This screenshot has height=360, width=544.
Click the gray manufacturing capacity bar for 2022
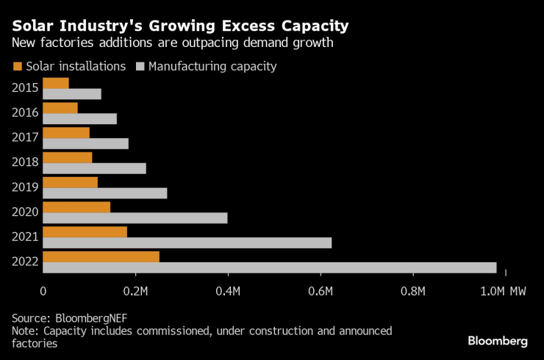click(x=270, y=268)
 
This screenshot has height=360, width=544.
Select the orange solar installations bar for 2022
click(x=101, y=256)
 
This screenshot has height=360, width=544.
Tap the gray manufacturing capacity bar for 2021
click(x=187, y=243)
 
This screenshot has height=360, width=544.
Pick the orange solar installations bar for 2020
click(x=76, y=207)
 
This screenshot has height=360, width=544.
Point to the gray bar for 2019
click(x=105, y=193)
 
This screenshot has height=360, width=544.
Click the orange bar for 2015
click(x=56, y=83)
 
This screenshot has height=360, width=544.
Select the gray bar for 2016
click(x=80, y=119)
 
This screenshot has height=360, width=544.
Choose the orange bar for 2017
click(x=66, y=132)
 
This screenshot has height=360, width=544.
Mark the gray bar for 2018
click(x=95, y=168)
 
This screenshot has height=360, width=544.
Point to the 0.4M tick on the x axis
click(x=229, y=292)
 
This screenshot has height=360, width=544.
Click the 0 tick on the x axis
click(x=43, y=292)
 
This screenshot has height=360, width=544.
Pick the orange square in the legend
click(x=18, y=67)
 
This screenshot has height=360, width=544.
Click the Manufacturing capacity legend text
click(x=212, y=67)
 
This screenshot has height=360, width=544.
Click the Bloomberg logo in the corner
click(x=498, y=341)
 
